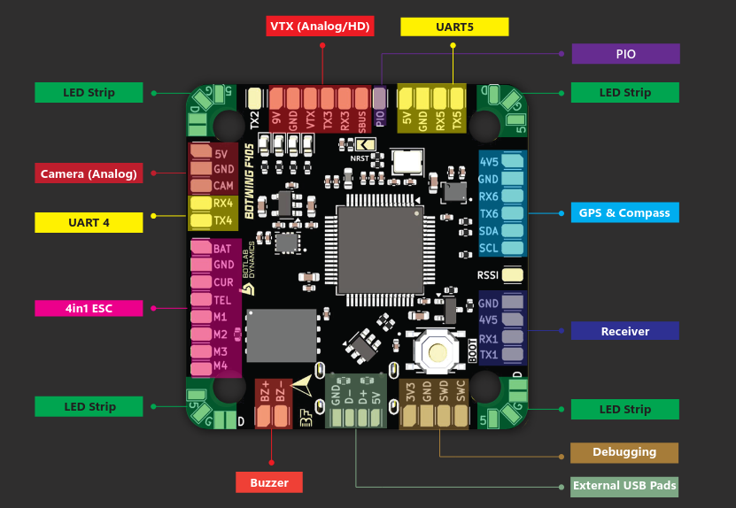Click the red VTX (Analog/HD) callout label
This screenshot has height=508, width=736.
(x=321, y=26)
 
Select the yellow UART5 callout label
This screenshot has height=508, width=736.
(x=454, y=27)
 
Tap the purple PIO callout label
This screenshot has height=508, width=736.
(x=625, y=54)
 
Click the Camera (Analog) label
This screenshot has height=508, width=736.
(x=89, y=173)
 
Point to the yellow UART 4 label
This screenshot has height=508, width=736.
(x=88, y=222)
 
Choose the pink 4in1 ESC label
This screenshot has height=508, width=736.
(x=89, y=308)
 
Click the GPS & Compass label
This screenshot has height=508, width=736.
(x=624, y=212)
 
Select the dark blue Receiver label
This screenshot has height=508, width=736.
(x=624, y=331)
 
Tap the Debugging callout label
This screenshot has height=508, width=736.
(x=624, y=452)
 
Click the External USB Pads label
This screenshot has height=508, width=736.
(x=624, y=485)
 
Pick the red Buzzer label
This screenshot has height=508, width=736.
(x=269, y=482)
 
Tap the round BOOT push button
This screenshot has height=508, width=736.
(x=438, y=353)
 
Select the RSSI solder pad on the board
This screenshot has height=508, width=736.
(x=511, y=275)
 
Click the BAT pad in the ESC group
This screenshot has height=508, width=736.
(x=200, y=249)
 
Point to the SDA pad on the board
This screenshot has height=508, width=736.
(x=512, y=231)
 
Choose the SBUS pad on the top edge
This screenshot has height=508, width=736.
(x=363, y=98)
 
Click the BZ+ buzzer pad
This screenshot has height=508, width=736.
(x=263, y=412)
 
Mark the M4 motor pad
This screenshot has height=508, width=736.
(x=200, y=366)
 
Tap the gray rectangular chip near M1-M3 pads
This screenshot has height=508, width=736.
(x=281, y=335)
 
